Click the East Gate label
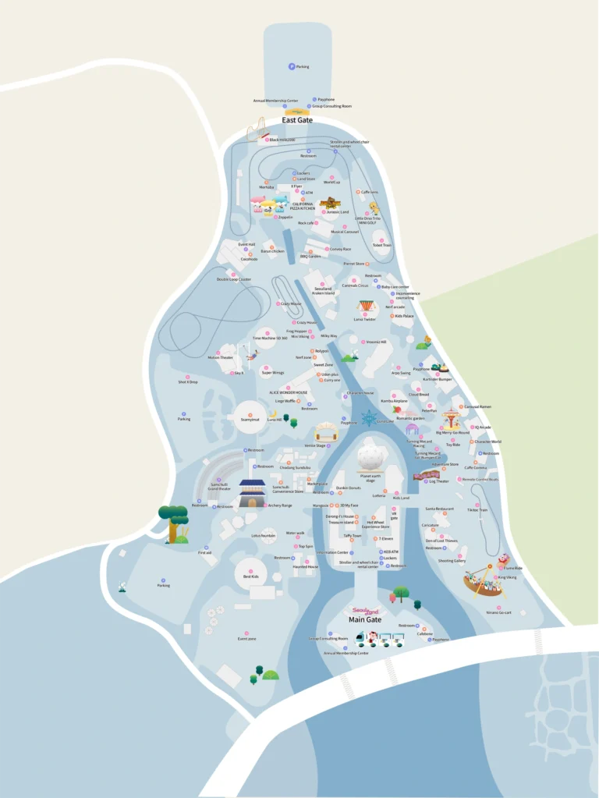297,120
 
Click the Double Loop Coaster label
234,278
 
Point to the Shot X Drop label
188,382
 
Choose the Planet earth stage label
370,477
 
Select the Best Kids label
250,577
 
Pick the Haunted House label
306,567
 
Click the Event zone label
246,638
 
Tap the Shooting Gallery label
452,561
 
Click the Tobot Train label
382,245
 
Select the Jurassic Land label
335,211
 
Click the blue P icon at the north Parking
292,66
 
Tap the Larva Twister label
365,319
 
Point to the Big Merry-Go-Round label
452,432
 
